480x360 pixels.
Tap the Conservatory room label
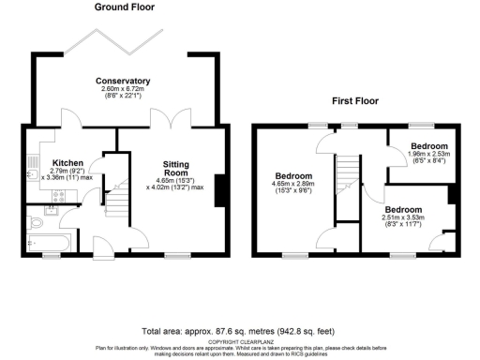tap(123, 81)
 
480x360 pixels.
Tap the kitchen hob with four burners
tap(60, 196)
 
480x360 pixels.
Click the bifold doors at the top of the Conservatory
tap(128, 41)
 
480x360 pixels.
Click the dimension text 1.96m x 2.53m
tap(427, 159)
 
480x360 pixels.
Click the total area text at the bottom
tap(240, 331)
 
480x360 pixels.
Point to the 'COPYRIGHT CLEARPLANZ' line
tap(240, 341)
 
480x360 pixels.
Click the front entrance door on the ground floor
tap(100, 248)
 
